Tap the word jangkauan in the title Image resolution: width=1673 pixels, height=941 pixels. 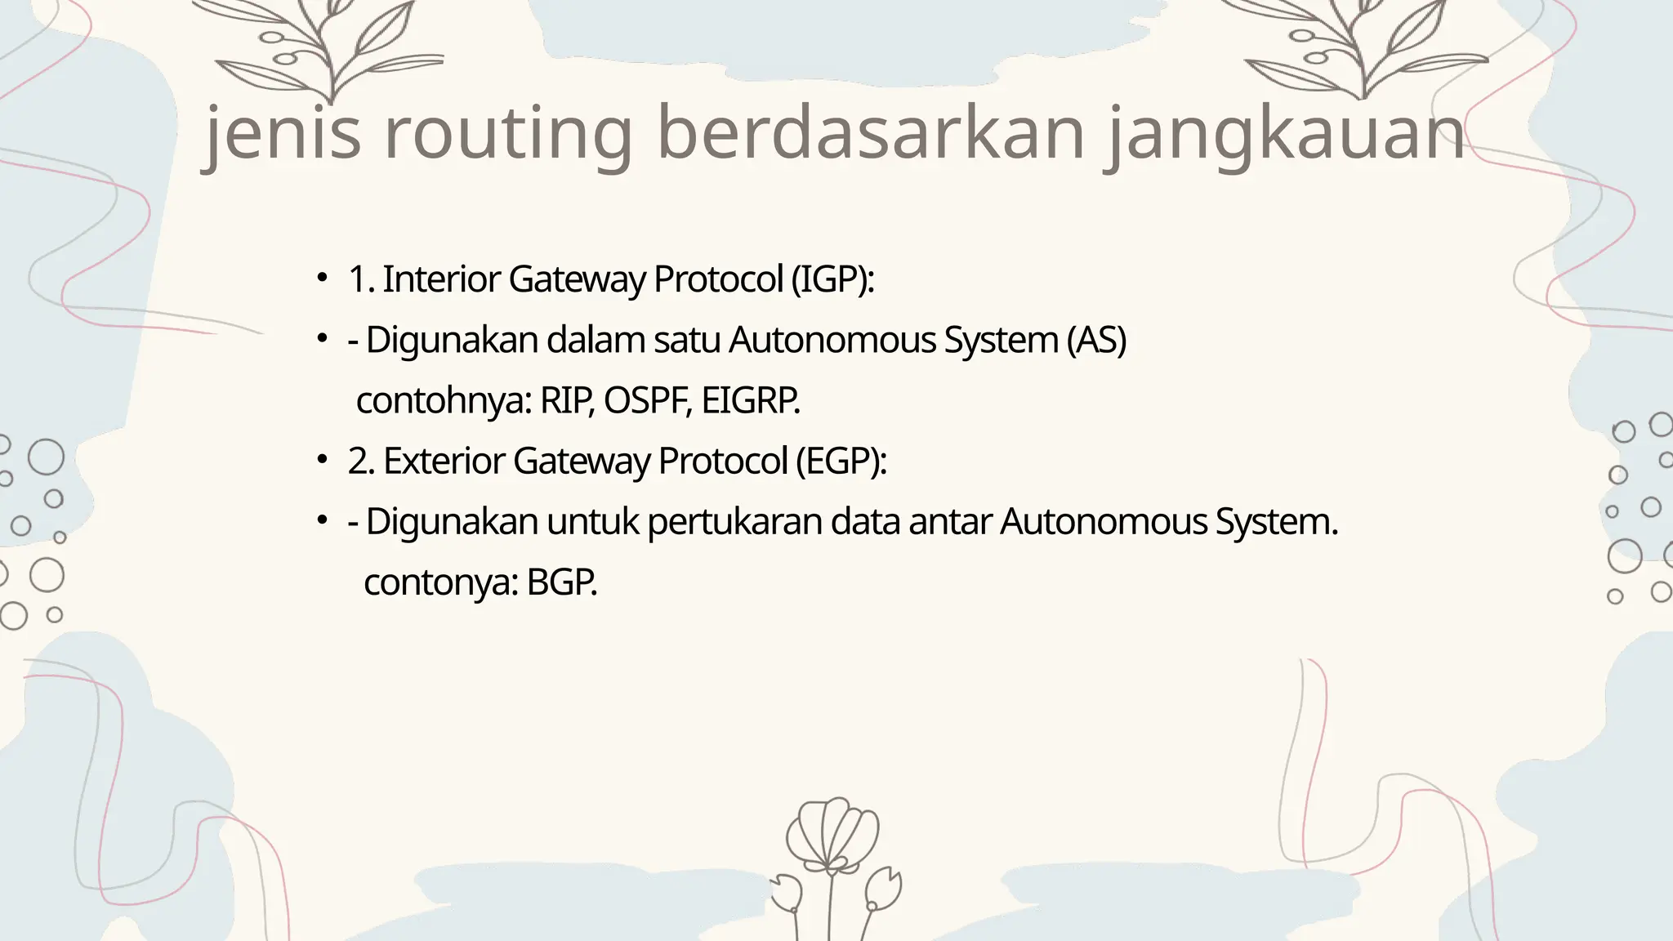[x=1286, y=133]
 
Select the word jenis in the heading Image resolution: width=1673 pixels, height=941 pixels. [x=283, y=133]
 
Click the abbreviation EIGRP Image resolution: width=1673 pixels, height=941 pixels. [x=750, y=401]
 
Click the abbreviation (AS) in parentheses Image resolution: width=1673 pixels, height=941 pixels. [x=1096, y=340]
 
